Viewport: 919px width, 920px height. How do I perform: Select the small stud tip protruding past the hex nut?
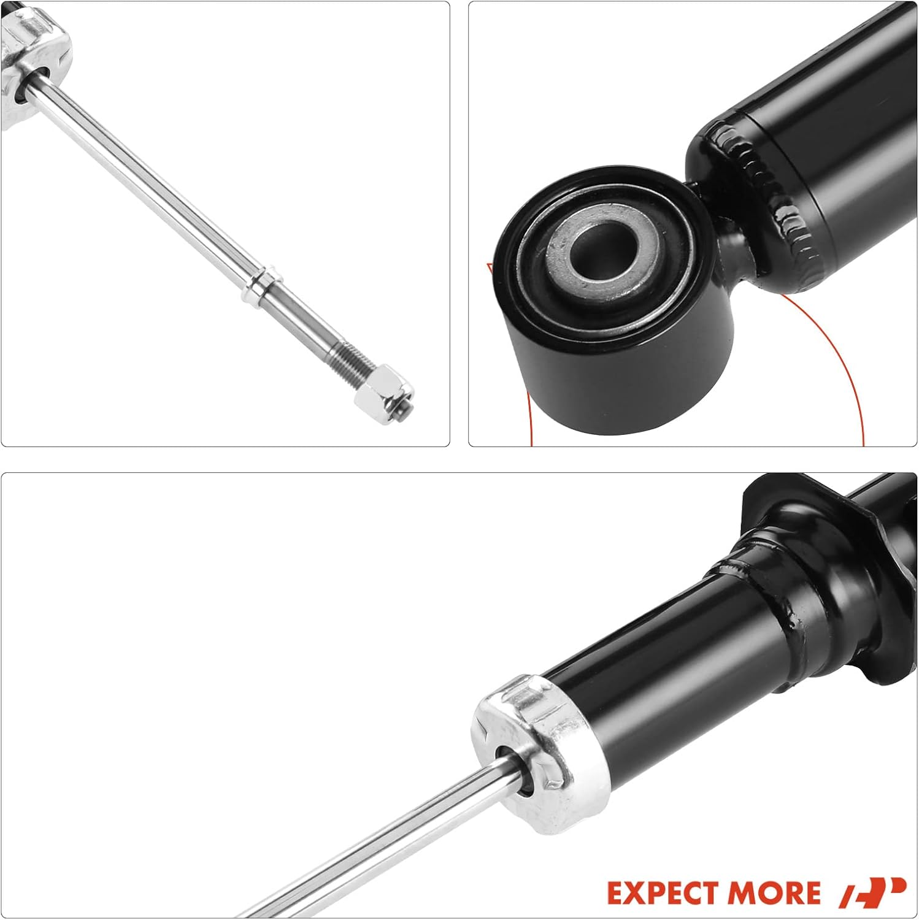click(x=406, y=410)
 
